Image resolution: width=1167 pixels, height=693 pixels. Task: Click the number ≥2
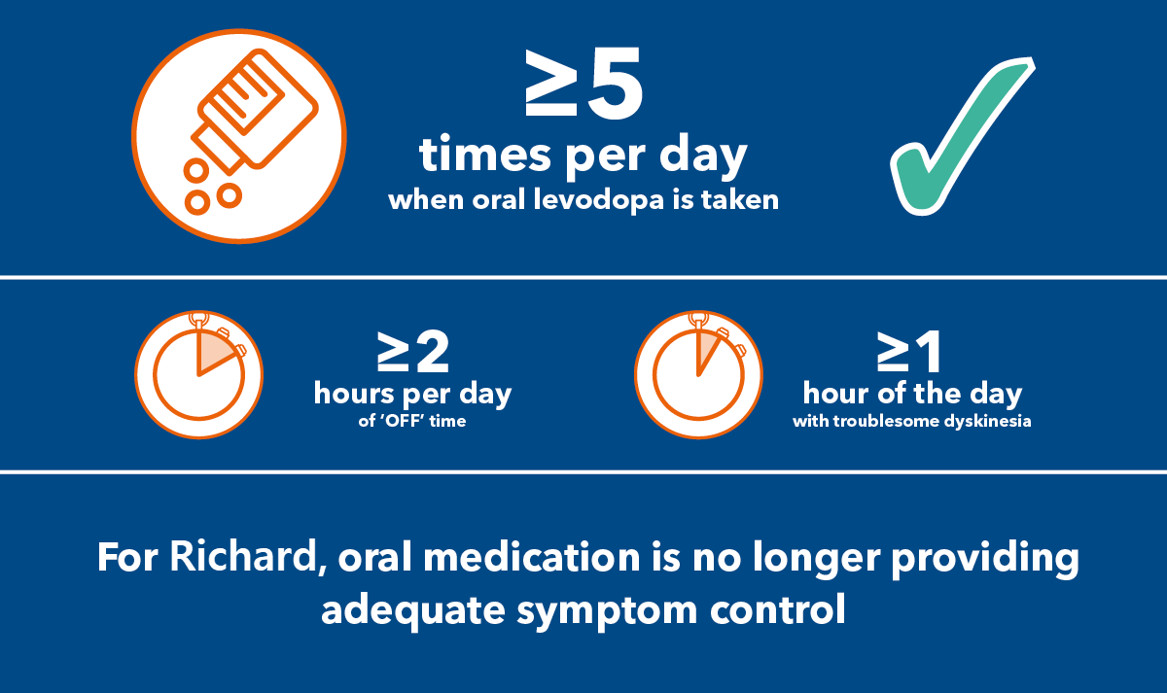tap(413, 354)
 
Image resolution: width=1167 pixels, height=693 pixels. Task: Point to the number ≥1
tap(910, 354)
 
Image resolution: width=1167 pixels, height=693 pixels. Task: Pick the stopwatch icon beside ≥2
tap(198, 375)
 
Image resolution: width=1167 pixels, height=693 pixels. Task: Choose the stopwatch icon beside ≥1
tap(698, 375)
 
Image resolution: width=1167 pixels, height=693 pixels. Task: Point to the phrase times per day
tap(583, 157)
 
